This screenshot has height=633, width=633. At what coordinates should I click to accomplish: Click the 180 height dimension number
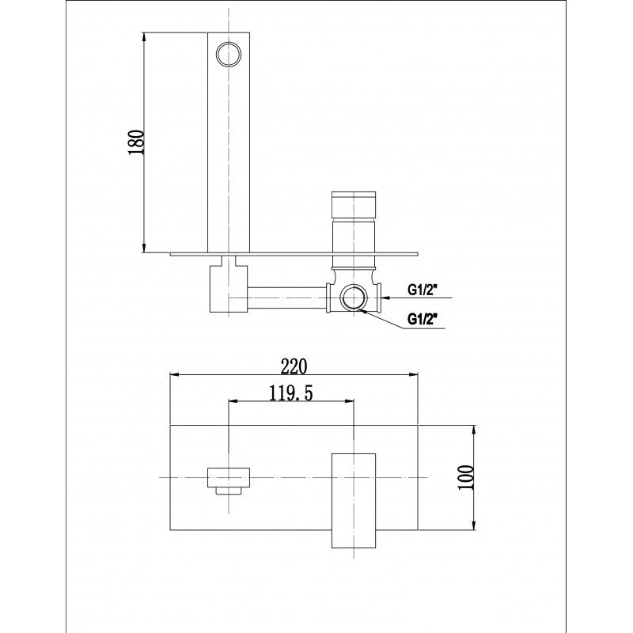(x=135, y=142)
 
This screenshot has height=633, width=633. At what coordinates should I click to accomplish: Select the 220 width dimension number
(x=294, y=365)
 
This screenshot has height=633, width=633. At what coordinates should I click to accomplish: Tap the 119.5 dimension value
(x=290, y=393)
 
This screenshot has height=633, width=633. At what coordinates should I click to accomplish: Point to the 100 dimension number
(x=466, y=478)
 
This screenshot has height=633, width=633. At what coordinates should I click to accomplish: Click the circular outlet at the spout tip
(x=229, y=53)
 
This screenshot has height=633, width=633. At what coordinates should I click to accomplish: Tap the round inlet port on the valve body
(x=352, y=299)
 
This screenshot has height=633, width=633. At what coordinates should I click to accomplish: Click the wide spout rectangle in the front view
(x=229, y=476)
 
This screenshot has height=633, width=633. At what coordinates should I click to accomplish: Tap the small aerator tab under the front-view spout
(x=229, y=491)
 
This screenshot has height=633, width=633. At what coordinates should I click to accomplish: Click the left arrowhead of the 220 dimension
(x=176, y=373)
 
